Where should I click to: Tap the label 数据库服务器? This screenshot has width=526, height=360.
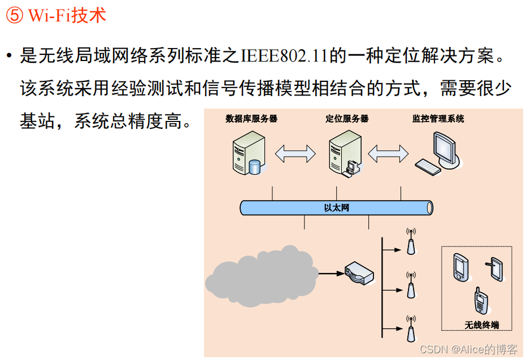click(x=251, y=119)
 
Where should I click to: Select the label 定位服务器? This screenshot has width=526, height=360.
click(x=347, y=119)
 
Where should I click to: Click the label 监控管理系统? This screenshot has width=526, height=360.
click(x=438, y=119)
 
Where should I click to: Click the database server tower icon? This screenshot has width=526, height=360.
click(x=247, y=151)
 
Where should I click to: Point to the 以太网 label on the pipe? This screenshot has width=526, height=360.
click(x=336, y=208)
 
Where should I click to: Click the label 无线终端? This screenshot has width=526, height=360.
click(x=481, y=325)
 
